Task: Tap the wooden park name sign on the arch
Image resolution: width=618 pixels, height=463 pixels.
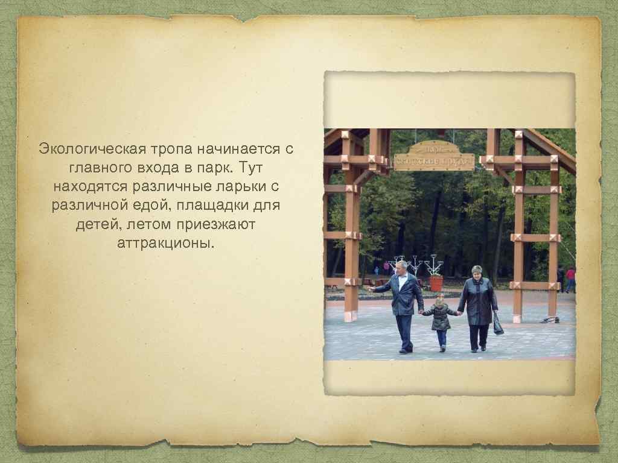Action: tap(433, 156)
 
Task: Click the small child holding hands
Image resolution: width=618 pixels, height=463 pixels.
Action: tap(440, 320)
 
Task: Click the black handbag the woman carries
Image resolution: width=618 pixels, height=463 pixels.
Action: tap(498, 326)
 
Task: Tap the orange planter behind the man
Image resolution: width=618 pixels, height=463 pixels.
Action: tap(435, 282)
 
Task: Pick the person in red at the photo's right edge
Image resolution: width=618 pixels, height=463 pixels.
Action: tap(570, 279)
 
